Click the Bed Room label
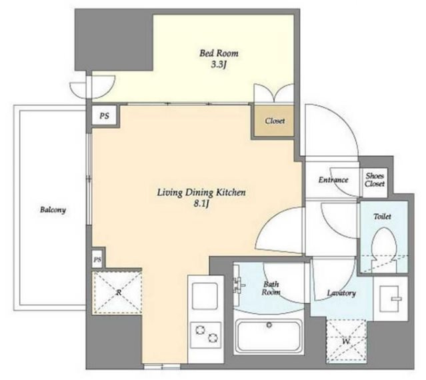point(219,53)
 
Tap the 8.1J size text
point(201,205)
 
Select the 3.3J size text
point(219,65)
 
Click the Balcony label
point(53,210)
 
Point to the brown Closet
point(274,121)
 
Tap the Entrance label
point(333,180)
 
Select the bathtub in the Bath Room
point(269,337)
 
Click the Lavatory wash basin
point(391,299)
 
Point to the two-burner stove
point(205,335)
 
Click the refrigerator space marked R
point(117,293)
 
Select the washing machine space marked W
point(346,341)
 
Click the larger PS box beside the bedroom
point(104,116)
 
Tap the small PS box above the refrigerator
point(97,260)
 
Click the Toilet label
point(382,217)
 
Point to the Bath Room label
point(271,288)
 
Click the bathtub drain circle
point(269,325)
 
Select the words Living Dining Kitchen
point(201,193)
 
